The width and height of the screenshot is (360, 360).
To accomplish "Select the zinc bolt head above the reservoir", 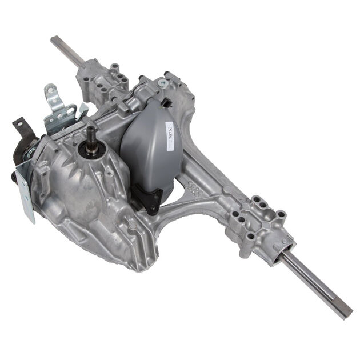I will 163,83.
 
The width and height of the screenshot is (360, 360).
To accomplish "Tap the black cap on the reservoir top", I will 166,103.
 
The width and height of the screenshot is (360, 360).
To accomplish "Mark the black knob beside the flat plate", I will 13,177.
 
